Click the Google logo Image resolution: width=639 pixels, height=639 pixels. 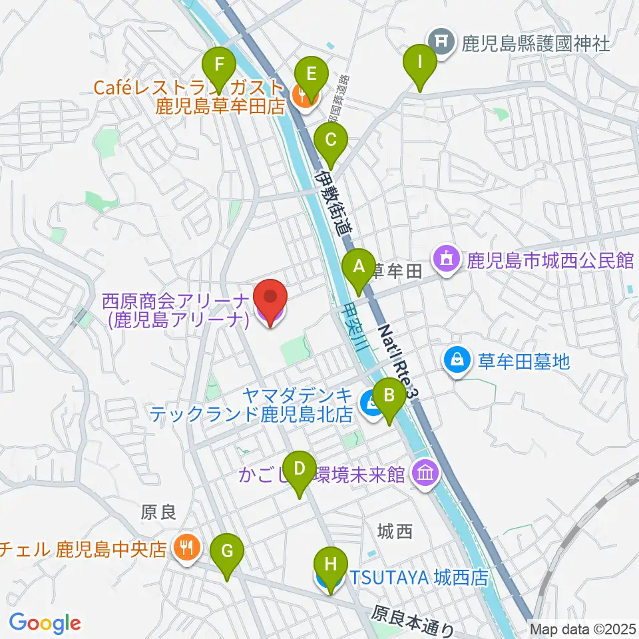pos(45,623)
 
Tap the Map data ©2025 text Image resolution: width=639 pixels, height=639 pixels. pos(582,628)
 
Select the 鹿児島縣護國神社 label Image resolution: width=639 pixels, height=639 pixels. pos(536,44)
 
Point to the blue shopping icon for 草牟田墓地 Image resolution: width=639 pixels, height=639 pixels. pos(457,361)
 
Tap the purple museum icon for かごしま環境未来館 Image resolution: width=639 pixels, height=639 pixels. pos(425,474)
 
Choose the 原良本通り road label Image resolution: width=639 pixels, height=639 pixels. pos(412,620)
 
